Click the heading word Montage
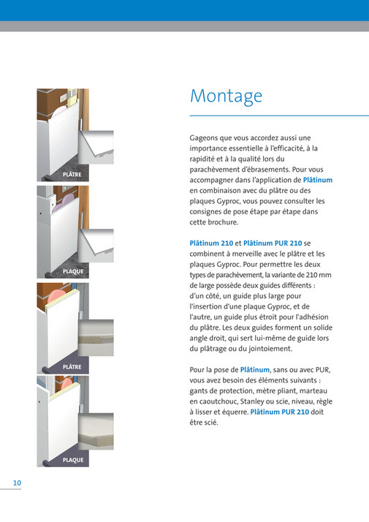pos(226,97)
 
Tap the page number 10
pos(16,483)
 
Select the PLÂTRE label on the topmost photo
pos(72,175)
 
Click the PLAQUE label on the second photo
pos(72,272)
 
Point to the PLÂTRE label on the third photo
pos(72,366)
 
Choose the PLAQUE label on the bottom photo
pos(72,461)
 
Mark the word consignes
pos(210,211)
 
